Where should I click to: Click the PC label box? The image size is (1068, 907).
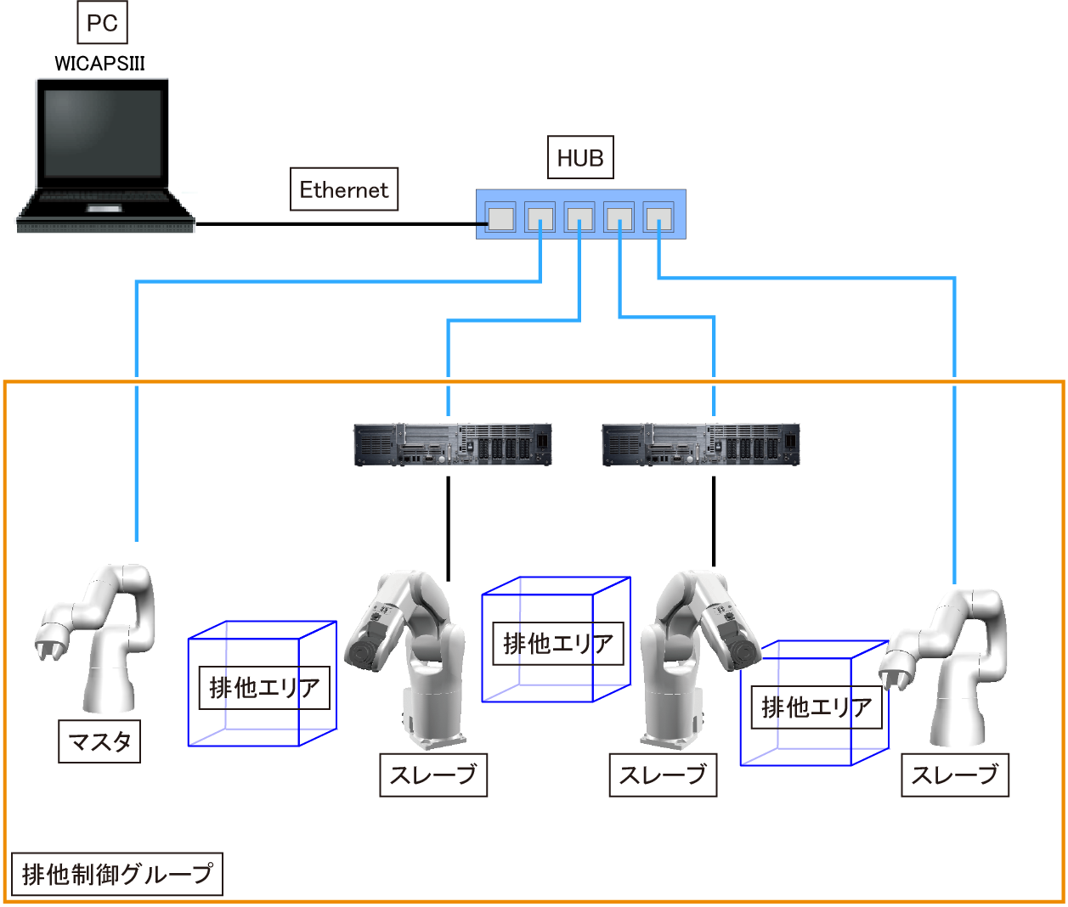[102, 23]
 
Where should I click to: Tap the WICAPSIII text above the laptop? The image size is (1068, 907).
[99, 64]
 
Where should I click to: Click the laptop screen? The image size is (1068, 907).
[102, 132]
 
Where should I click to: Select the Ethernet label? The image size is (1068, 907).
[343, 189]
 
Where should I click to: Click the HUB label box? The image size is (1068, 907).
[580, 158]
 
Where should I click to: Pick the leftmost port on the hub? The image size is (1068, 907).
[500, 217]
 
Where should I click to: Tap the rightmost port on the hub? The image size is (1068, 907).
[658, 217]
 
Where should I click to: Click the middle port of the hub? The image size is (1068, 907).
[579, 217]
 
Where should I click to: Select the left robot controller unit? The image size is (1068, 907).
[452, 444]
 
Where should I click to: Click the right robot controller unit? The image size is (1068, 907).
[701, 444]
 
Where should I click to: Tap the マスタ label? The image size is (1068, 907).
[99, 741]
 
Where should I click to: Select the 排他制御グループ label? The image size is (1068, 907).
[117, 874]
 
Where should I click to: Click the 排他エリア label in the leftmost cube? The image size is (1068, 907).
[264, 688]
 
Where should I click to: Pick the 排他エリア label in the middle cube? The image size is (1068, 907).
[558, 644]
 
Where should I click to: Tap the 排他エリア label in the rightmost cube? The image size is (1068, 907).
[817, 707]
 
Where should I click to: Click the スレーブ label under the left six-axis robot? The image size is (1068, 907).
[432, 775]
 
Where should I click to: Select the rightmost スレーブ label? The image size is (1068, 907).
[954, 775]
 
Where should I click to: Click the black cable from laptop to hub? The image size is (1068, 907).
[340, 224]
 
